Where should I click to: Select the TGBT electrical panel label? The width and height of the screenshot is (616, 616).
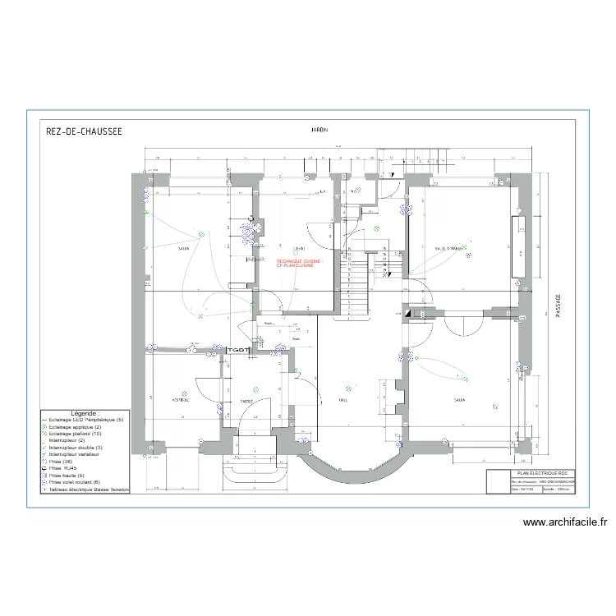point(237,351)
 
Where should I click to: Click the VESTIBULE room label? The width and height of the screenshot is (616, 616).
point(181,400)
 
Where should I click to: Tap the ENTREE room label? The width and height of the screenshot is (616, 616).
point(246,401)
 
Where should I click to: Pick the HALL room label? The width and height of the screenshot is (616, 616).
point(342,401)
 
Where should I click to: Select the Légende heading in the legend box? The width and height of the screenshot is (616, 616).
point(85,413)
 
